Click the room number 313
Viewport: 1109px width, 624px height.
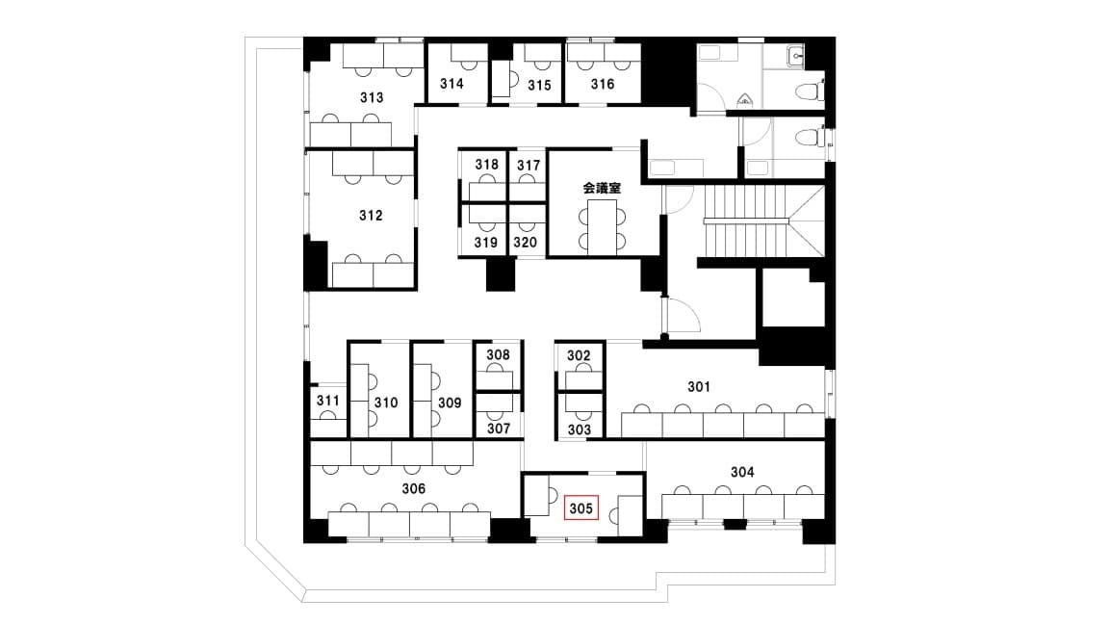[x=372, y=97]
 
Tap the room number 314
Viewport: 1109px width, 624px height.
[x=451, y=84]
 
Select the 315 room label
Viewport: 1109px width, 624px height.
[x=539, y=85]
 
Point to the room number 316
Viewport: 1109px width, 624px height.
[x=602, y=84]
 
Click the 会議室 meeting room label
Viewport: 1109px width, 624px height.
[x=602, y=188]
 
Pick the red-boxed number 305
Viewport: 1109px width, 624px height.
[x=580, y=508]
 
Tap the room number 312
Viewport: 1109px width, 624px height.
[x=371, y=215]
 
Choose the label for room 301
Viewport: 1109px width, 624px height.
[x=699, y=386]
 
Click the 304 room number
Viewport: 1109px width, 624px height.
[x=742, y=471]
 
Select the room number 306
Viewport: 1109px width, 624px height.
[x=414, y=488]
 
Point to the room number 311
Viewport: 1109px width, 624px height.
[x=327, y=401]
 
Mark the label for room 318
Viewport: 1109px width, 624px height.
[x=486, y=164]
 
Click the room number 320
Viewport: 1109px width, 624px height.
[x=525, y=242]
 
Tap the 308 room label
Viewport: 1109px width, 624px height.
[x=498, y=354]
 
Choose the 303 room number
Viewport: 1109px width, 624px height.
[x=579, y=429]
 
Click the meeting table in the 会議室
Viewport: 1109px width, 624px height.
[x=602, y=225]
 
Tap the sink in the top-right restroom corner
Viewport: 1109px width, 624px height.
[x=796, y=55]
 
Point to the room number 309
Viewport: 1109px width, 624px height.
[x=450, y=403]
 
